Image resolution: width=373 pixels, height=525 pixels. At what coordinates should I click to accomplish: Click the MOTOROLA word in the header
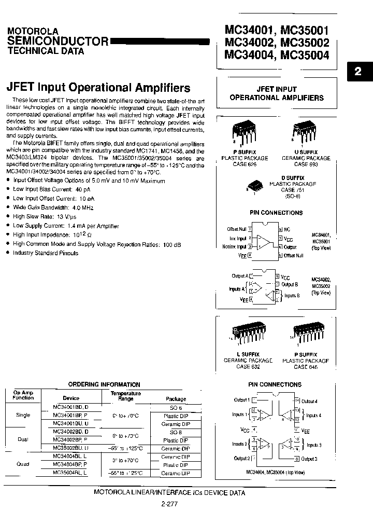click(x=33, y=31)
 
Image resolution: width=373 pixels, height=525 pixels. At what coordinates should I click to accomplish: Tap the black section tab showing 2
click(x=358, y=72)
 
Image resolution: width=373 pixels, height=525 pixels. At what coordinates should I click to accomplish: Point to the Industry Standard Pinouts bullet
click(x=46, y=253)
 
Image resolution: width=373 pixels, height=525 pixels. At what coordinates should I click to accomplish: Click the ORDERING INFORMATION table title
click(x=104, y=384)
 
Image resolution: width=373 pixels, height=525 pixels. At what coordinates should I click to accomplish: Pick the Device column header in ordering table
click(x=71, y=398)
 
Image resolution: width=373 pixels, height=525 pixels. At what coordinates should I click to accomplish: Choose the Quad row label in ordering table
click(x=23, y=464)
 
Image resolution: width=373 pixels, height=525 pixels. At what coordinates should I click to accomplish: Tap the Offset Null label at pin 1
click(x=237, y=229)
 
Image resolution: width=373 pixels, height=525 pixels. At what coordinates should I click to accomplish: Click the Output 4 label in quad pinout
click(x=309, y=401)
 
